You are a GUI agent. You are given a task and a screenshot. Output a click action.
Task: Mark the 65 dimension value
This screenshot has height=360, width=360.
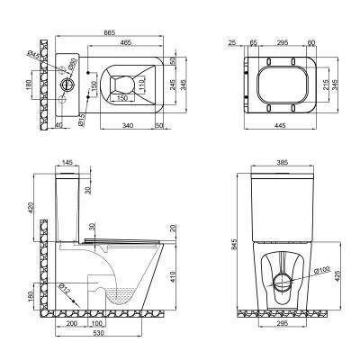point(252,42)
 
